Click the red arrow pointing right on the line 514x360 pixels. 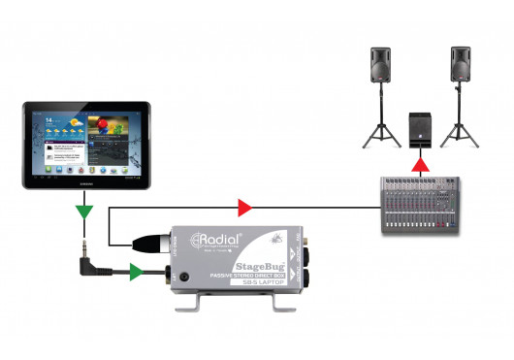(x=245, y=207)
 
